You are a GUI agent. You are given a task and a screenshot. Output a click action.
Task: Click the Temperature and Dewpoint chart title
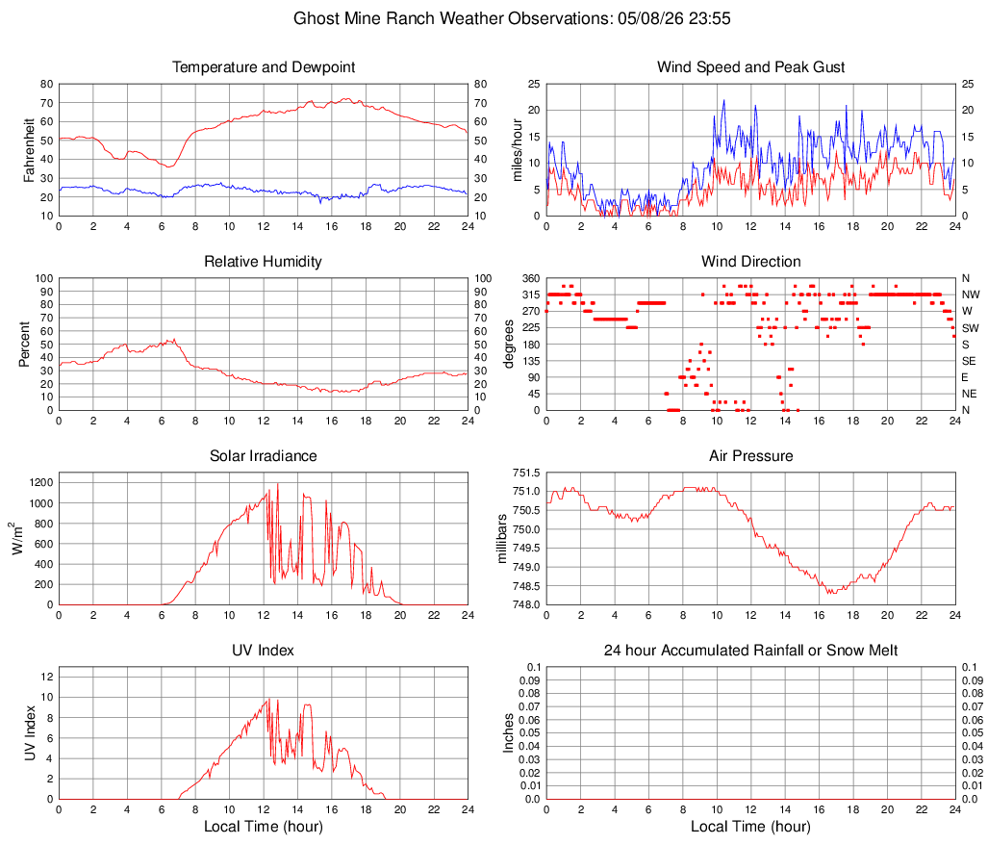coord(264,67)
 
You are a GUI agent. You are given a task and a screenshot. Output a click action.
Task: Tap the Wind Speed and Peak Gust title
coord(750,67)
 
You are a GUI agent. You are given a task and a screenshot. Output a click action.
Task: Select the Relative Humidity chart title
coord(263,262)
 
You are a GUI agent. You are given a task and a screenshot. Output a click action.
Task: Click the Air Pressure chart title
coord(750,455)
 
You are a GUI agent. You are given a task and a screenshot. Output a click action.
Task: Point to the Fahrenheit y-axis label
coord(29,150)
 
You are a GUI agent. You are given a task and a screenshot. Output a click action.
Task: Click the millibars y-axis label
coord(502,539)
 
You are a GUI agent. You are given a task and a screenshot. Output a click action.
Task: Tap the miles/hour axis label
coord(518,150)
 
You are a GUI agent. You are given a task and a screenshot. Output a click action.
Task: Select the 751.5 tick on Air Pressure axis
coord(526,473)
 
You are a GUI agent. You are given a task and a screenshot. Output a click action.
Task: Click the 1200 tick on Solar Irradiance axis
coord(41,483)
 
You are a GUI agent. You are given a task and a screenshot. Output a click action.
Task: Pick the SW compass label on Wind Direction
coord(971,328)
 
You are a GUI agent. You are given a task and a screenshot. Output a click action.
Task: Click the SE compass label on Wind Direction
coord(969,361)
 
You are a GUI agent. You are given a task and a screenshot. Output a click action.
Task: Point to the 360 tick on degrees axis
coord(531,278)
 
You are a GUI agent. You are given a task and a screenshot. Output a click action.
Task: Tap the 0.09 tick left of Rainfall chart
coord(529,680)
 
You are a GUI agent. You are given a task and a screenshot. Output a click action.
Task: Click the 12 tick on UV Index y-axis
coord(47,677)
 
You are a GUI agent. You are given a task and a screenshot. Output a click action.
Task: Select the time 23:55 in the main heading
coord(710,18)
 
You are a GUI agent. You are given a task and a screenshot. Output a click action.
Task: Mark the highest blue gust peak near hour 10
coord(723,99)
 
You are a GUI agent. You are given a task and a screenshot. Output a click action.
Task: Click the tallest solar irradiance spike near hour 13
coord(278,484)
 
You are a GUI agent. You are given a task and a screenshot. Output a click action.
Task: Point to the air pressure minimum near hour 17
coord(831,593)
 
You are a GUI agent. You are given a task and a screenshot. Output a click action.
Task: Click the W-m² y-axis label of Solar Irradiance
coord(17,539)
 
